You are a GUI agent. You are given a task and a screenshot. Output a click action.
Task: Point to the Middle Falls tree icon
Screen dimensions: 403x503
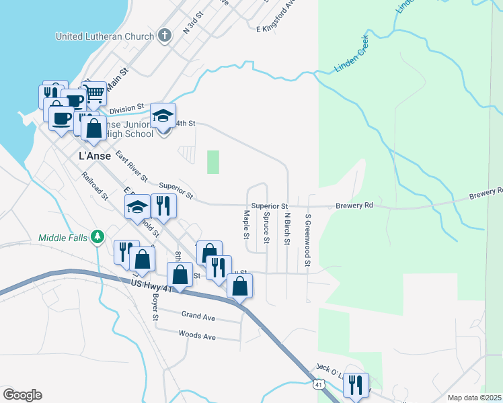[x=98, y=236]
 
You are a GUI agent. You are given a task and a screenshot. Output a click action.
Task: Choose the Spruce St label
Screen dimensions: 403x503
[x=266, y=228]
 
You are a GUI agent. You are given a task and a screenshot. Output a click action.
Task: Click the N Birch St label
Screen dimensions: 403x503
[x=287, y=228]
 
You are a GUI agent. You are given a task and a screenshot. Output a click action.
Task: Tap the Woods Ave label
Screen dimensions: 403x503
[x=197, y=334]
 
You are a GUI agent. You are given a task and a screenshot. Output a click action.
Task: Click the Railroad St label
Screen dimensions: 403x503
[x=95, y=186]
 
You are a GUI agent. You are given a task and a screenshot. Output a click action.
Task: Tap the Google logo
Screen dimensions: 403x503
[x=22, y=395]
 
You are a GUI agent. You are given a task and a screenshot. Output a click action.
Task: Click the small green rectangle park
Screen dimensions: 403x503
[x=213, y=162]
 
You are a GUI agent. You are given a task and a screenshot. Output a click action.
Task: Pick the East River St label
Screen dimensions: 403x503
[x=131, y=167]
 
